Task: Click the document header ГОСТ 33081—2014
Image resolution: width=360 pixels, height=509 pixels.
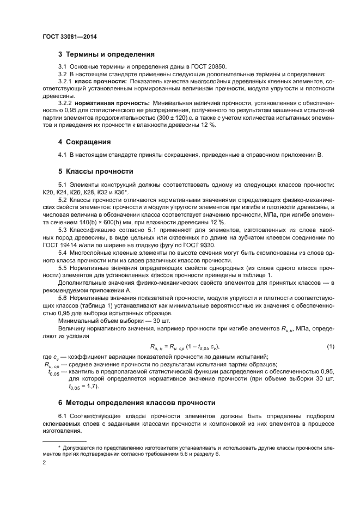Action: coord(65,37)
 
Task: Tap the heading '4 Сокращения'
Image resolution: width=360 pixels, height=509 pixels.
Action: coord(84,142)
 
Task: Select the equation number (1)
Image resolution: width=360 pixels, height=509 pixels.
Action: coord(330,347)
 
